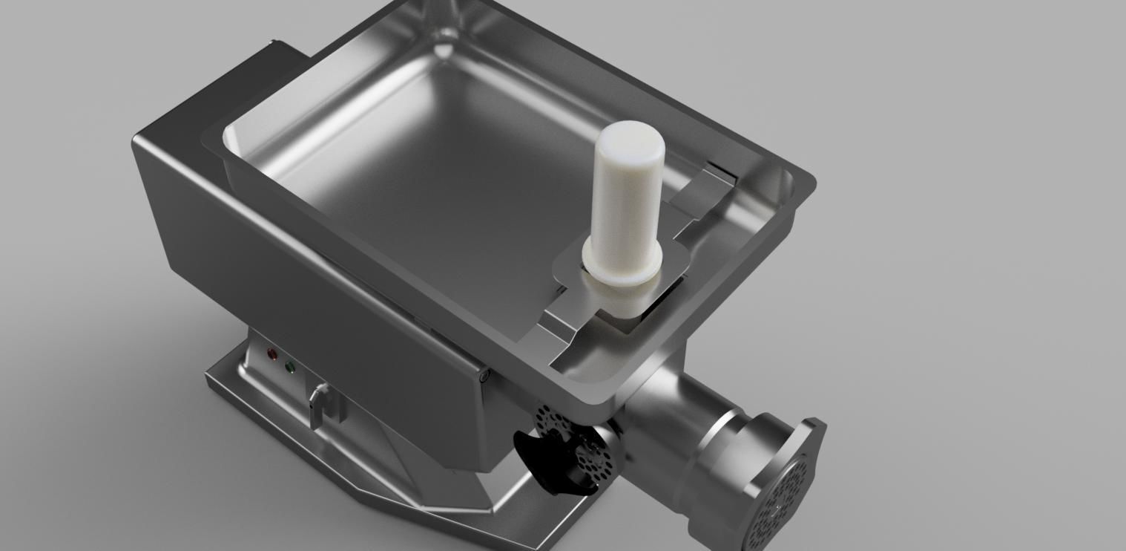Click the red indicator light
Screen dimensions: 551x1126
click(x=272, y=354)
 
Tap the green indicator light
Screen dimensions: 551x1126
click(x=289, y=368)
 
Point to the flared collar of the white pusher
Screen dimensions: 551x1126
click(x=622, y=267)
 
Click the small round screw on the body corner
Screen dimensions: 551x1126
click(x=486, y=377)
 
